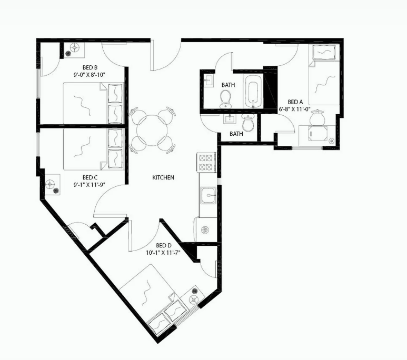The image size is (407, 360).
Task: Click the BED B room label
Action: (89, 67)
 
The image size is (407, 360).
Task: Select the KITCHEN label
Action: (163, 178)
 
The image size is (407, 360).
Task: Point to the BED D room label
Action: (163, 245)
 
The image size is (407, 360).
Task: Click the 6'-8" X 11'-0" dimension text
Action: (295, 109)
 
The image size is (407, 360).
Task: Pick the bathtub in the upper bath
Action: (253, 91)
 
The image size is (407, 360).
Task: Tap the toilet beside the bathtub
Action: (226, 98)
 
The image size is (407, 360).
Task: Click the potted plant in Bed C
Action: (52, 185)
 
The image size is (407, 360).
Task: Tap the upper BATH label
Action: (228, 85)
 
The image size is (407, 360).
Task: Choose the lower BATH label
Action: (236, 134)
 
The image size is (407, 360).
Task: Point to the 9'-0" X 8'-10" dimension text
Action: (90, 75)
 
